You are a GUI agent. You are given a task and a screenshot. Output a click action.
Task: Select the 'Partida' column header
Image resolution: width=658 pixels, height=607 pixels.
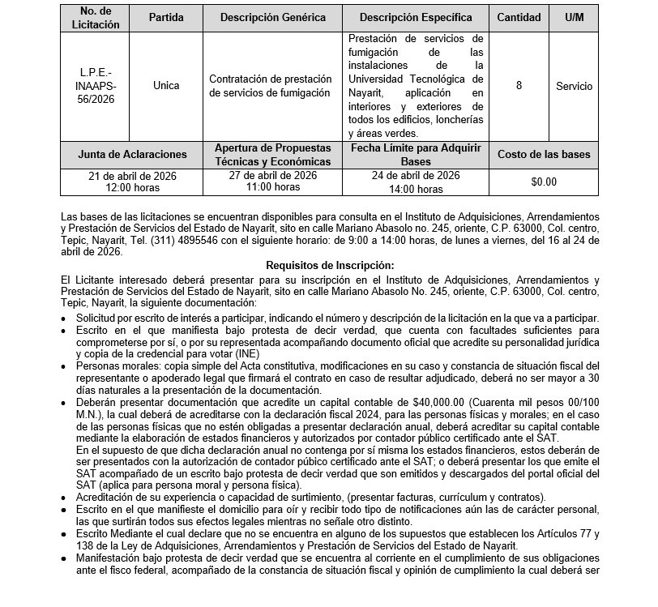[x=166, y=17]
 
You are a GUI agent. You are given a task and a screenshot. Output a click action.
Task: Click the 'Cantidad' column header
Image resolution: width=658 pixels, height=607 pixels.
[x=519, y=17]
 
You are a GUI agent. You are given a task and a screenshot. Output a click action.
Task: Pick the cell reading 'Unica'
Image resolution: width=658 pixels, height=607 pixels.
[x=166, y=86]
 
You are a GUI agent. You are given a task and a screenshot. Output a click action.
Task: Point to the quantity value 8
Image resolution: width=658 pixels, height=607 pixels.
[x=519, y=86]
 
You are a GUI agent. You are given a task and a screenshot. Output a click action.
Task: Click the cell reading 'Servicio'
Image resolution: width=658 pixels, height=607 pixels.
[x=574, y=86]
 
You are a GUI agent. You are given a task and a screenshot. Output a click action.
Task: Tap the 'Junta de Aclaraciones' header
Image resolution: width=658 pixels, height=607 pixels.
[x=132, y=154]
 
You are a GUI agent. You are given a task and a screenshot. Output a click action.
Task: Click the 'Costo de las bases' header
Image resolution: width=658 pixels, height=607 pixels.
[x=544, y=154]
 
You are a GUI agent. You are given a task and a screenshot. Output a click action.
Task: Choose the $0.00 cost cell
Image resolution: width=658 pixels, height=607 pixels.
[x=544, y=182]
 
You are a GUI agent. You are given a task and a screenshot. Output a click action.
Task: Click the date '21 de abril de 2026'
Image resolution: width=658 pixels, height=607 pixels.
[x=132, y=176]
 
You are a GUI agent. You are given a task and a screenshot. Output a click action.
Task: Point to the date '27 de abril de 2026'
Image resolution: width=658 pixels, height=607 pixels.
[x=274, y=176]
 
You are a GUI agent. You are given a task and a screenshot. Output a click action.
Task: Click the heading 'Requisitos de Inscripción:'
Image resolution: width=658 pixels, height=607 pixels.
[x=329, y=265]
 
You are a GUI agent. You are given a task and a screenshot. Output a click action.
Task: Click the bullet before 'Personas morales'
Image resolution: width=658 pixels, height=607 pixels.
[x=65, y=367]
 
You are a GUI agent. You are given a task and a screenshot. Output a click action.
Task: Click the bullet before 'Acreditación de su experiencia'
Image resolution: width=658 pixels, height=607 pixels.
[x=65, y=497]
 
